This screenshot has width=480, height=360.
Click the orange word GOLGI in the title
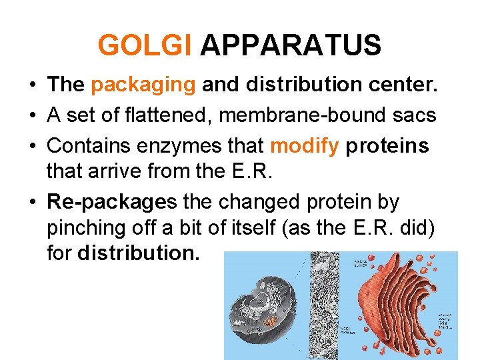pos(145,46)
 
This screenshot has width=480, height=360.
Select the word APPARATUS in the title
pos(290,46)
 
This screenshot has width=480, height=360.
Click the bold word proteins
pos(387,145)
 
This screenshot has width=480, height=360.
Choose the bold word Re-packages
pos(111,202)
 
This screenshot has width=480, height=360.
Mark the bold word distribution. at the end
pos(139,254)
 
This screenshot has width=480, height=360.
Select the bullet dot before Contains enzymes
pos(33,145)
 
